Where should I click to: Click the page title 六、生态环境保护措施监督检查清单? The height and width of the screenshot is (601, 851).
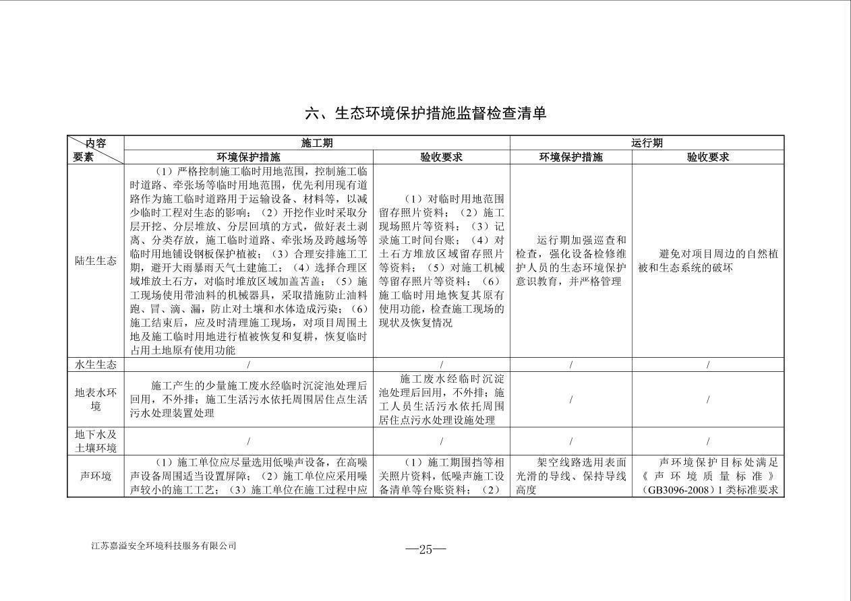coord(425,113)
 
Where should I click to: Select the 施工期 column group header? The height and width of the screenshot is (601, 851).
coord(316,143)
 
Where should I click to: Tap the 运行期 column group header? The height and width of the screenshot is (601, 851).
coord(647,143)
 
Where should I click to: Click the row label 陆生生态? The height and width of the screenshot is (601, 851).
coord(96,261)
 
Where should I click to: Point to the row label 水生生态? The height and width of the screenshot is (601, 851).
coord(96,365)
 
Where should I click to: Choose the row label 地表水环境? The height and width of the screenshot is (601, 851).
coord(96,400)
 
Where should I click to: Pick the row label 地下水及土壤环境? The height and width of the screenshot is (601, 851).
coord(96,441)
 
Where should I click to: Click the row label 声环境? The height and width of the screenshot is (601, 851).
coord(96,476)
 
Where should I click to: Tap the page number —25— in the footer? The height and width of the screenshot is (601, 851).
coord(425,549)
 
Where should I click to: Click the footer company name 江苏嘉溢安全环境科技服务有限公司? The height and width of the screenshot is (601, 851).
coord(164,546)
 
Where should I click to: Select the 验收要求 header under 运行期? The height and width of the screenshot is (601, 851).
coord(708,157)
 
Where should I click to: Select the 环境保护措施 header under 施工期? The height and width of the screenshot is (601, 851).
coord(248,157)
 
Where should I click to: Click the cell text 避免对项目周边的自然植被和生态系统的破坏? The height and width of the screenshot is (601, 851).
coord(707,261)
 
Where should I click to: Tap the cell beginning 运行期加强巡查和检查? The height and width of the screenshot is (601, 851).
coord(570,261)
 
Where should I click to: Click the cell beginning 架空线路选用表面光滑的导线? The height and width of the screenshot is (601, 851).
coord(570,476)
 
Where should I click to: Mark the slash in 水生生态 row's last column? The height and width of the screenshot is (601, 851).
coord(708,365)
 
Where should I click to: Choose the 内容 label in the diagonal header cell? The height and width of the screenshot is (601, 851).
coord(95,143)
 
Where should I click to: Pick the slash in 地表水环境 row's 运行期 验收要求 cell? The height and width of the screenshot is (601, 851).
coord(708,400)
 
